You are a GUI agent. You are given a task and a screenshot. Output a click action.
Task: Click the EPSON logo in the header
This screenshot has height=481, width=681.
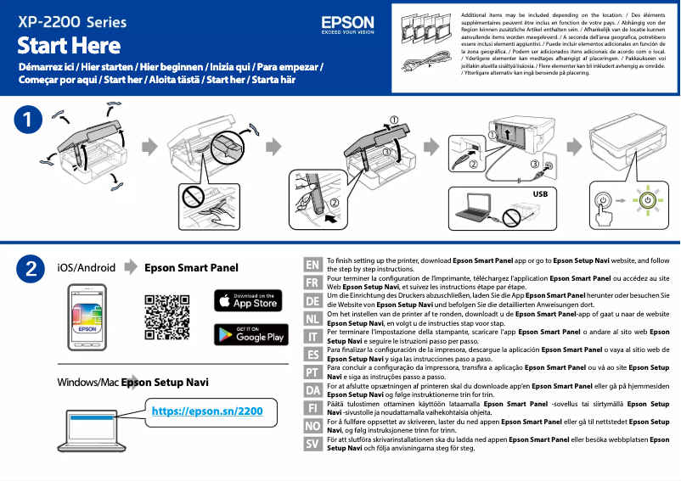(x=347, y=25)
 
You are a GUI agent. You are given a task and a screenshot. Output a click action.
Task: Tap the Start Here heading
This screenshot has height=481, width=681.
(x=69, y=45)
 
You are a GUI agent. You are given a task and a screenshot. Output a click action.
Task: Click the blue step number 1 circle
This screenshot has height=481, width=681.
(x=30, y=120)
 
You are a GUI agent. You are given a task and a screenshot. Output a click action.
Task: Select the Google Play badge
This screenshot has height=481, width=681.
(x=247, y=334)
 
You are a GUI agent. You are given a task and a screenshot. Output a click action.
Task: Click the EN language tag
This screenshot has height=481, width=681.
(x=312, y=265)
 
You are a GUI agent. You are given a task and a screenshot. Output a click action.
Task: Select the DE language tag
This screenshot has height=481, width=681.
(x=312, y=301)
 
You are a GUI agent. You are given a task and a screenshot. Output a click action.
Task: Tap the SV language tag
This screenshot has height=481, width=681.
(x=312, y=444)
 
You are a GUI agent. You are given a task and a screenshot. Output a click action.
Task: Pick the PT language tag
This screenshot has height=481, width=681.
(x=312, y=372)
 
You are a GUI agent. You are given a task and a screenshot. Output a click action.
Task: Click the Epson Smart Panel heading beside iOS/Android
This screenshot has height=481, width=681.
(x=192, y=267)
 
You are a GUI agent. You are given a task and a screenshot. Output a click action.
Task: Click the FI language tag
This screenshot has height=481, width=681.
(x=312, y=408)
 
